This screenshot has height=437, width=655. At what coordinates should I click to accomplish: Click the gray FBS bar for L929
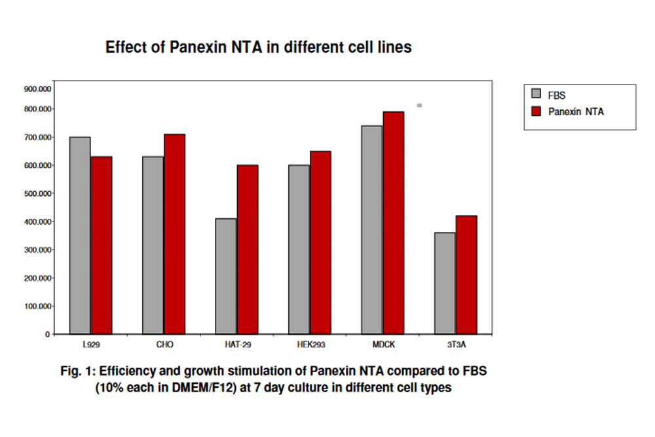coord(79,235)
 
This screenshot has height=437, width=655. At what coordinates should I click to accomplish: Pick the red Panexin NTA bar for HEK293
coord(320,242)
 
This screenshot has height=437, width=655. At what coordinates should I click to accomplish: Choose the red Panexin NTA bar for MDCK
coord(394,223)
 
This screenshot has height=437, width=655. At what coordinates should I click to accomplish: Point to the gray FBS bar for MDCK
coord(372,229)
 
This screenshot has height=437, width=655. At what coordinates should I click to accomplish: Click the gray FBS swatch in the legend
coord(536,94)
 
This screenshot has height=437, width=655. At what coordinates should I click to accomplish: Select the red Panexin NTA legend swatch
coord(536,111)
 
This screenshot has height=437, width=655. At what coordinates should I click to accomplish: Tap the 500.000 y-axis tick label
coord(38,194)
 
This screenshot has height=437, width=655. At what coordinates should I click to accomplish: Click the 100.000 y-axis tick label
coord(38,306)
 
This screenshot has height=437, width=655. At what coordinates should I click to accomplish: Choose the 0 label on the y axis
coord(47,334)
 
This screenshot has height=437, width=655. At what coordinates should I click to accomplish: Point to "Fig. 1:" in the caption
coord(77,371)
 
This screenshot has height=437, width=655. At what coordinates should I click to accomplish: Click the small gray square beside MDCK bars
coord(419,105)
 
